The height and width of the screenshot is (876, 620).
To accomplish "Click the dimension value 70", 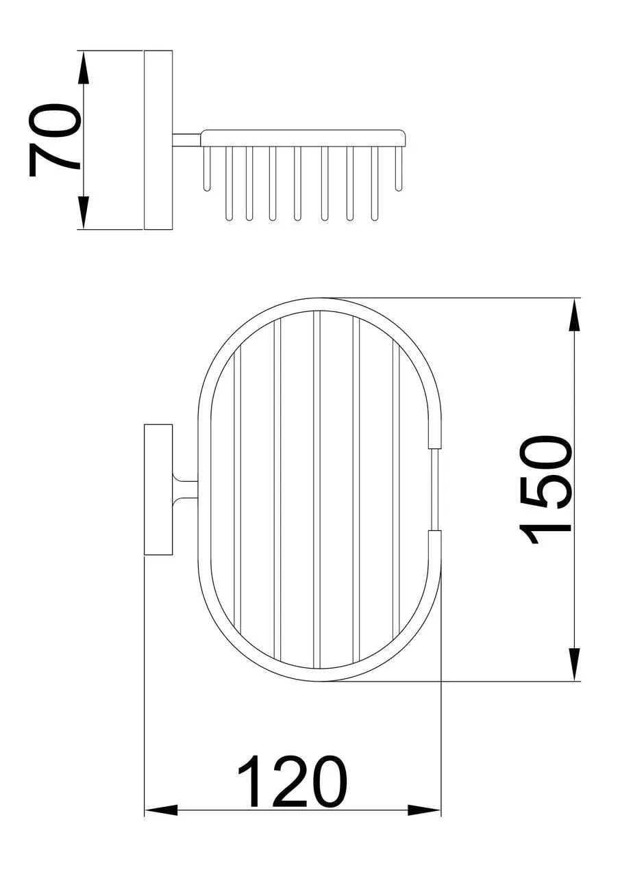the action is click(54, 140).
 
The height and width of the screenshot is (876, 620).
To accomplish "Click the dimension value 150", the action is click(545, 489).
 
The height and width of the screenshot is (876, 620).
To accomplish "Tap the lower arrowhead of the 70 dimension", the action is click(84, 213).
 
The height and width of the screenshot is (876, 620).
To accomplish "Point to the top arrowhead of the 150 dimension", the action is click(574, 314).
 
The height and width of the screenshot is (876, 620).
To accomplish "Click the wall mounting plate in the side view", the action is click(158, 140).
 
